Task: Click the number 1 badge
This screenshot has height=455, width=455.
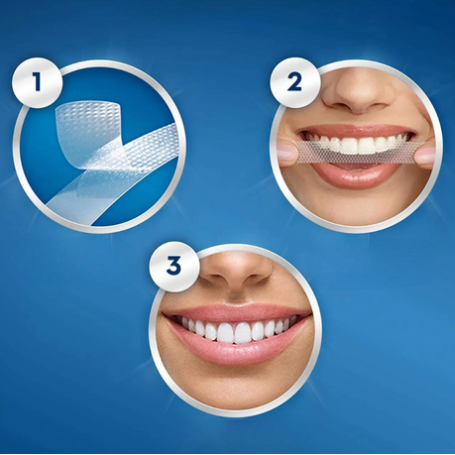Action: click(x=38, y=82)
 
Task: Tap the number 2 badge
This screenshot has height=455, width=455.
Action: click(x=294, y=82)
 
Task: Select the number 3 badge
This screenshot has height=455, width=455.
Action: click(x=173, y=267)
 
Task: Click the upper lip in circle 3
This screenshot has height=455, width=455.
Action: click(x=236, y=313)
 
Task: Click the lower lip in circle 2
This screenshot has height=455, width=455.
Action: click(x=354, y=171)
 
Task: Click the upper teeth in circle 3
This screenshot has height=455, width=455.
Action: click(x=236, y=329)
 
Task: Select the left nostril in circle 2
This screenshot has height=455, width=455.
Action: click(x=340, y=106)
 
